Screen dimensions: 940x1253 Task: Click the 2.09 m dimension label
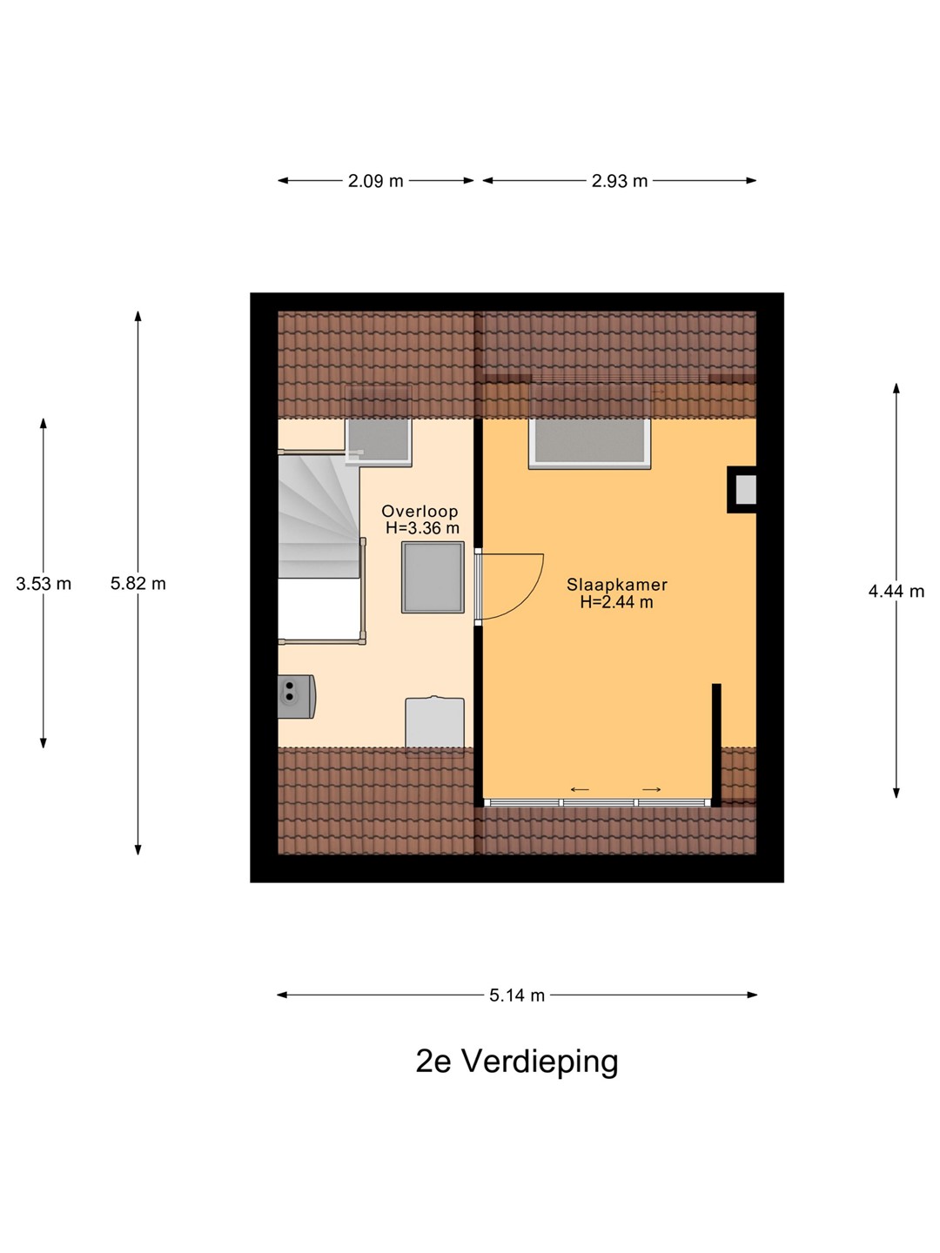coord(375,182)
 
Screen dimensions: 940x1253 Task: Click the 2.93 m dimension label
coord(619,182)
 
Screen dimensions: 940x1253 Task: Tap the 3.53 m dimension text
coord(44,583)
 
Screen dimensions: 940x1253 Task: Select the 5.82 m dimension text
coord(138,583)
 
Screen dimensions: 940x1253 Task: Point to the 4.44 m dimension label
coord(896,592)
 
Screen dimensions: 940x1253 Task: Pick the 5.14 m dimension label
coord(517,995)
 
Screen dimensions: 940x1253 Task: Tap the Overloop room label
coord(420,511)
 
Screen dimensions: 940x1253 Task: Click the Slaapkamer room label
coord(617,584)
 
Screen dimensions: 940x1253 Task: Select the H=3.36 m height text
coord(422,528)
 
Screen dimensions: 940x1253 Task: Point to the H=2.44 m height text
coord(617,601)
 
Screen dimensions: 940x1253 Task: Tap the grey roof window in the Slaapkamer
coord(589,443)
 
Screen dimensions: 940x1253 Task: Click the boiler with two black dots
coord(296,696)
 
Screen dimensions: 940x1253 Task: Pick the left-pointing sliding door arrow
coord(580,790)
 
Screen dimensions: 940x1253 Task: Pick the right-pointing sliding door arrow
coord(652,790)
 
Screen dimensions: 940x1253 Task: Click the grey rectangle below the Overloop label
coord(433,578)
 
